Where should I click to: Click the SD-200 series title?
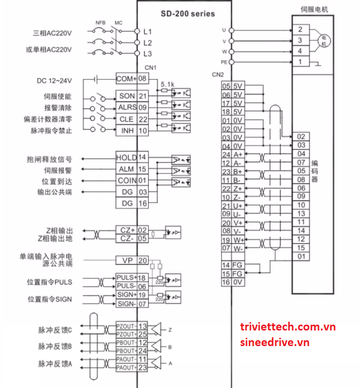tap(188, 14)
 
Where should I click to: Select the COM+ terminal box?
tap(126, 78)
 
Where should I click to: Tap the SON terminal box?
tap(126, 96)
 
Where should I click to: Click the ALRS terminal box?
tap(126, 107)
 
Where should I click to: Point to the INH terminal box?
tap(126, 130)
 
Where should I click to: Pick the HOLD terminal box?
tap(126, 157)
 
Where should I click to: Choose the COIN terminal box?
tap(126, 180)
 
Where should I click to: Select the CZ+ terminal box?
tap(126, 230)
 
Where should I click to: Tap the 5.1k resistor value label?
tap(167, 84)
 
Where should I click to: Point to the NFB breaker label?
tap(100, 22)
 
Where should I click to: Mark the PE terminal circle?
tap(231, 62)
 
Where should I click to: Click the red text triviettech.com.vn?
tap(288, 327)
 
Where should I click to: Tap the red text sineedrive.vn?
tap(275, 342)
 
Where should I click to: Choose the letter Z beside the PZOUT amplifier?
tap(171, 330)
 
